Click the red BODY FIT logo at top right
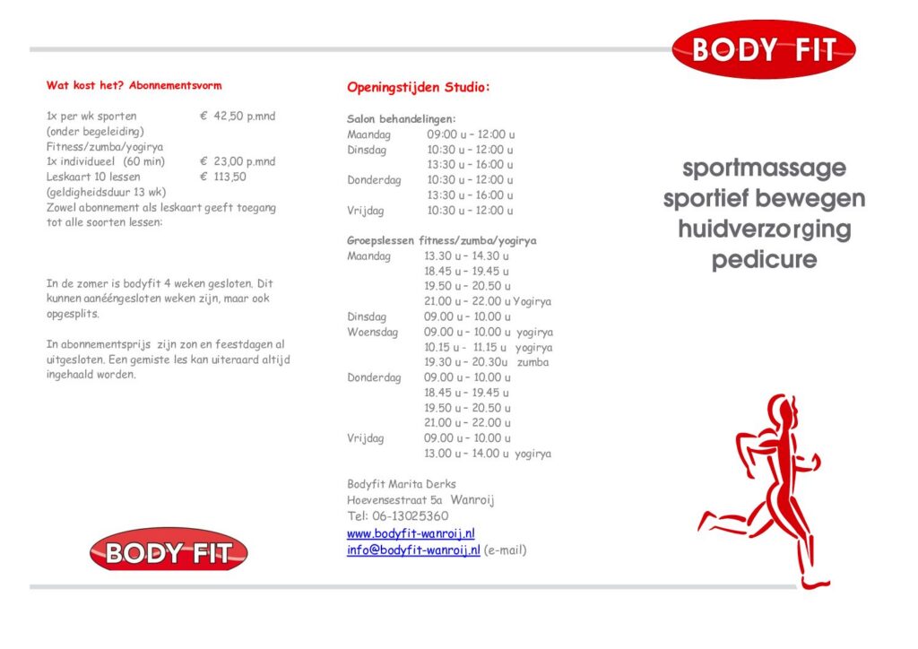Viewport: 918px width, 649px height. click(763, 49)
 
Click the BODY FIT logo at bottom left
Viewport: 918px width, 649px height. click(169, 549)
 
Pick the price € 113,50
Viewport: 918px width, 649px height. click(223, 177)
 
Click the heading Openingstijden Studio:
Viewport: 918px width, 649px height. click(419, 88)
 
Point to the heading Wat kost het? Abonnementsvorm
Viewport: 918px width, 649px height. click(134, 86)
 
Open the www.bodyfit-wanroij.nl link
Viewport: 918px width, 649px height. click(411, 533)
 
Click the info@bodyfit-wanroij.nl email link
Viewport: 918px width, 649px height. click(413, 549)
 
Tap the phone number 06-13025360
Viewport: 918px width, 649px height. click(411, 516)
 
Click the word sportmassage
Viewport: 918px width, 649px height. click(764, 168)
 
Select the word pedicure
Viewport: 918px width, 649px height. click(764, 261)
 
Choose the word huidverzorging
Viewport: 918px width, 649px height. click(764, 229)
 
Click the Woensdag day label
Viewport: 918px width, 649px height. click(374, 332)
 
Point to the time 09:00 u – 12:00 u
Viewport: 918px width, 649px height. click(471, 134)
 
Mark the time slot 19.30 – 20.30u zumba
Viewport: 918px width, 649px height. click(486, 362)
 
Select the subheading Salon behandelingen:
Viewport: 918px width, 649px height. click(402, 118)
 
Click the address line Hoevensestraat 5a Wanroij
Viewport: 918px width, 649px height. click(420, 500)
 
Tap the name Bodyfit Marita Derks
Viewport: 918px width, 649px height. click(402, 484)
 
